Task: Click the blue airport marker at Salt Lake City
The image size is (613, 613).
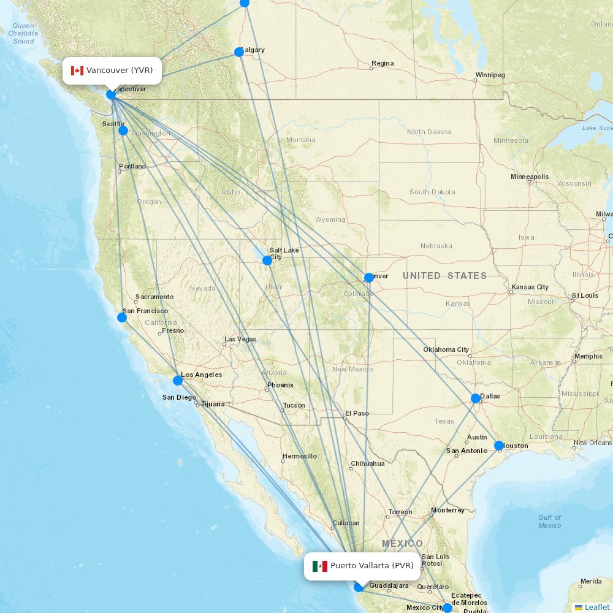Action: pos(267,261)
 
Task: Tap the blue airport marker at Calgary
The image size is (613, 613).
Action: pos(239,52)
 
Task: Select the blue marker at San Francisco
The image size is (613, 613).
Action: pos(122,317)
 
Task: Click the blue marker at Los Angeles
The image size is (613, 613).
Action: pos(178,380)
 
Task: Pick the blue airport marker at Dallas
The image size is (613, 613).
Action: pos(476,398)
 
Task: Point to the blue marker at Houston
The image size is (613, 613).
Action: pos(499,446)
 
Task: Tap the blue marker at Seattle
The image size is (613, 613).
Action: pos(123,131)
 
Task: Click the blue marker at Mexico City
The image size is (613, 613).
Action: pos(447,607)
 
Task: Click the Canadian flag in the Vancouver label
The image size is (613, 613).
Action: pos(77,70)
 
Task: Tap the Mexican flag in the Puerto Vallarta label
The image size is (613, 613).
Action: pos(320,566)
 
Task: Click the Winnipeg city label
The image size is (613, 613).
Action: pos(490,75)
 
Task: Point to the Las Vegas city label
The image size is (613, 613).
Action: pos(240,339)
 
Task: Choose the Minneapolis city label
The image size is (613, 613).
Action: pos(530,177)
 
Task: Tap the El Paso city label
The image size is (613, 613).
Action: pos(357,413)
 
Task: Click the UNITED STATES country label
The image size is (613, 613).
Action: pos(444,276)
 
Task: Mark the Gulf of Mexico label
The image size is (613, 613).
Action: pos(549,521)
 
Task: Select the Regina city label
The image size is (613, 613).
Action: pos(383,63)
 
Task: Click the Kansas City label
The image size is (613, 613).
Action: pos(530,287)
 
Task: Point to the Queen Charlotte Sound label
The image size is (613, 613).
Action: pos(23,34)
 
